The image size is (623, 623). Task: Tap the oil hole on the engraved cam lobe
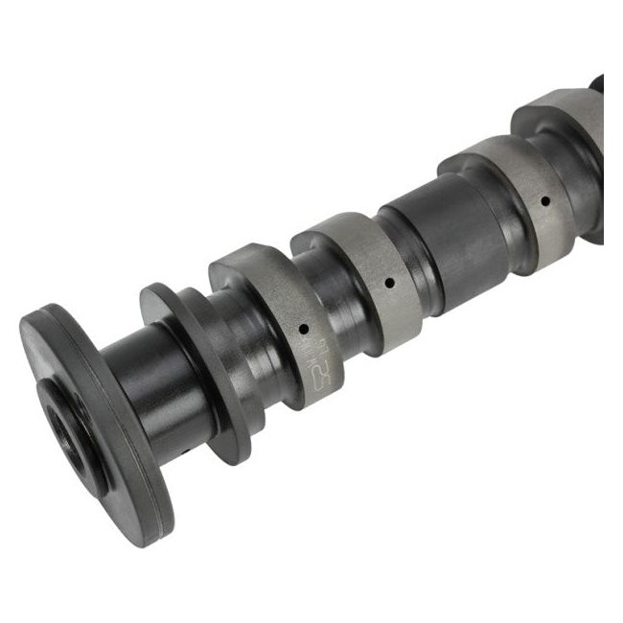click(303, 329)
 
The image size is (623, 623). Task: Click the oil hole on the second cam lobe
click(390, 283)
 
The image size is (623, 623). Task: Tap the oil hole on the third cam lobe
click(544, 202)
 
